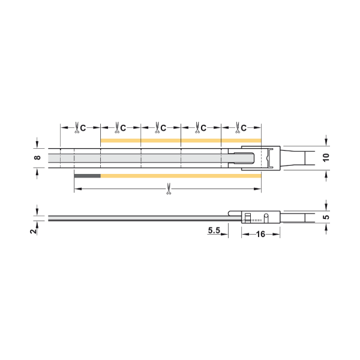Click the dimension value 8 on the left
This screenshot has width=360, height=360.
[37, 157]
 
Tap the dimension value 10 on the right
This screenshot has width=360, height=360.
[326, 157]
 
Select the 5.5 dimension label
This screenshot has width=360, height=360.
[214, 230]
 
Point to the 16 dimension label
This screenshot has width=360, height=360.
[260, 234]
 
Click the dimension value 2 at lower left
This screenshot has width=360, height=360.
[34, 231]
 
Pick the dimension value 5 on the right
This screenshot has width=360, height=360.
[326, 217]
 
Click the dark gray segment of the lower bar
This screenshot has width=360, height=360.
[88, 176]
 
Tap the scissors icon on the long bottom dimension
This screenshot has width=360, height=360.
[169, 189]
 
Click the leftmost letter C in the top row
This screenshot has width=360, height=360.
[83, 128]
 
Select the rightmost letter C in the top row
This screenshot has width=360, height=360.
[244, 128]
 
